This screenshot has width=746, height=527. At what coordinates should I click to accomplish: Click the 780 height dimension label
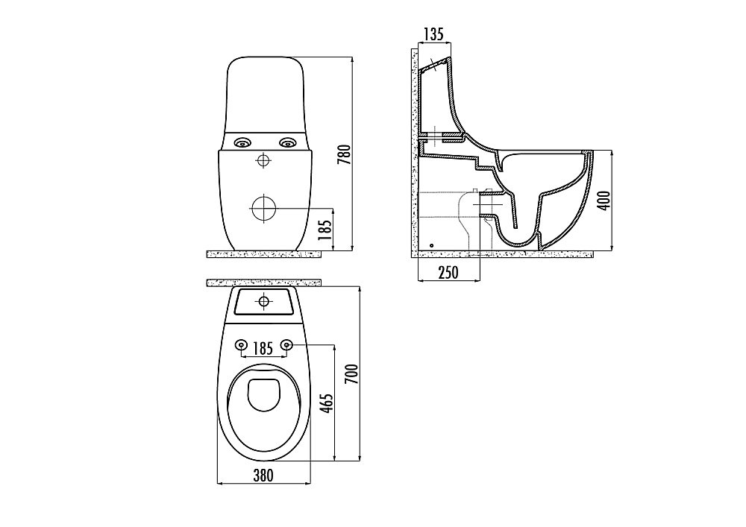pos(344,154)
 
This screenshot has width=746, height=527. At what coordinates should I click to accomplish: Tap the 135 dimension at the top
pos(433,34)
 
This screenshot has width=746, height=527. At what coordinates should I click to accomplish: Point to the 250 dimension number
pos(448,272)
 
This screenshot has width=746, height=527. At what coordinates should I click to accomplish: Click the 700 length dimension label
pos(351,374)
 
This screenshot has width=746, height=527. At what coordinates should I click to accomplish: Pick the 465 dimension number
pos(327,403)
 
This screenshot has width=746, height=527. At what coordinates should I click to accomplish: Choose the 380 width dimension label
pos(263,475)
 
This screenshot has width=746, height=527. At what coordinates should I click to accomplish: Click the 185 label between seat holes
pos(263,349)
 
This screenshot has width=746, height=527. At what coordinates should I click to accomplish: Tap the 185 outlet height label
pos(325,230)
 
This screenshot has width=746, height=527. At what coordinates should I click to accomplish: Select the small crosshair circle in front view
pos(263,160)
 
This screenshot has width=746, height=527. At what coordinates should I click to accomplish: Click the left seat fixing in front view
pos(242,142)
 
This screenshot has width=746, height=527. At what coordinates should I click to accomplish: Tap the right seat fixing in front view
pos(287,142)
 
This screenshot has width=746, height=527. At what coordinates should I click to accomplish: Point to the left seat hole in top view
pos(241,344)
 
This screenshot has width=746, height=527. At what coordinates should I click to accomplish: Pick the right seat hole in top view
pos(286,344)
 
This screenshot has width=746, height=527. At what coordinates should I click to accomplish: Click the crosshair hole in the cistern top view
pos(263,301)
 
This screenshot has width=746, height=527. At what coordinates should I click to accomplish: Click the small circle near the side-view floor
pos(431,246)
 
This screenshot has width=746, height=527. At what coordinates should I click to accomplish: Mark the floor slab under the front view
pos(264,254)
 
